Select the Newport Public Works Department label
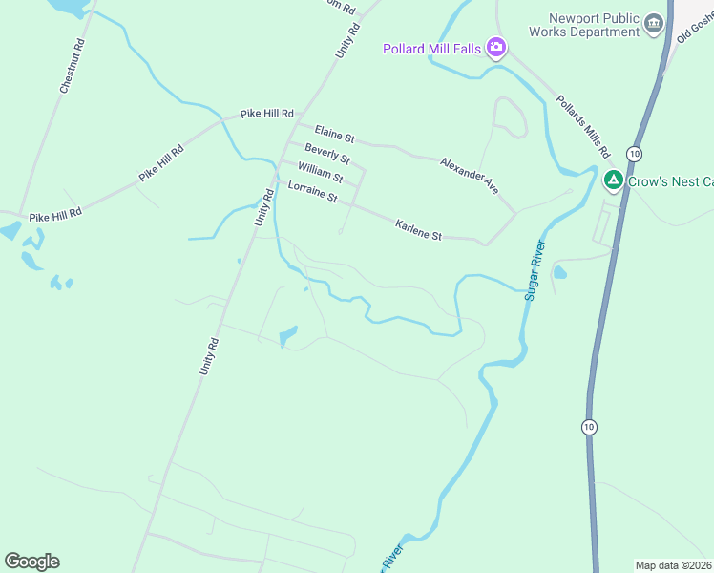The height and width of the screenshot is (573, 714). tap(594, 25)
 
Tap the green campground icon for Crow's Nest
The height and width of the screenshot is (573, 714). tap(614, 180)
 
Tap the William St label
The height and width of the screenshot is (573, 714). tap(320, 172)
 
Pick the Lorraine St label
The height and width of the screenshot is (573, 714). tap(313, 192)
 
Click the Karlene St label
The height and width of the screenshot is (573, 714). tap(418, 229)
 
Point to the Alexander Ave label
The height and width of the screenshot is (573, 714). tap(470, 177)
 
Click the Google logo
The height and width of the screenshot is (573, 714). tap(31, 562)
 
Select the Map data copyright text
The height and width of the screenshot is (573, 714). tap(674, 565)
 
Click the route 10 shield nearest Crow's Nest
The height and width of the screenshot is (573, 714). tap(634, 154)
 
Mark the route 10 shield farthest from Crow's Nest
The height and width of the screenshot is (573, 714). tap(589, 426)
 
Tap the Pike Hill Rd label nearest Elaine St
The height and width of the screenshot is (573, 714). tap(266, 114)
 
